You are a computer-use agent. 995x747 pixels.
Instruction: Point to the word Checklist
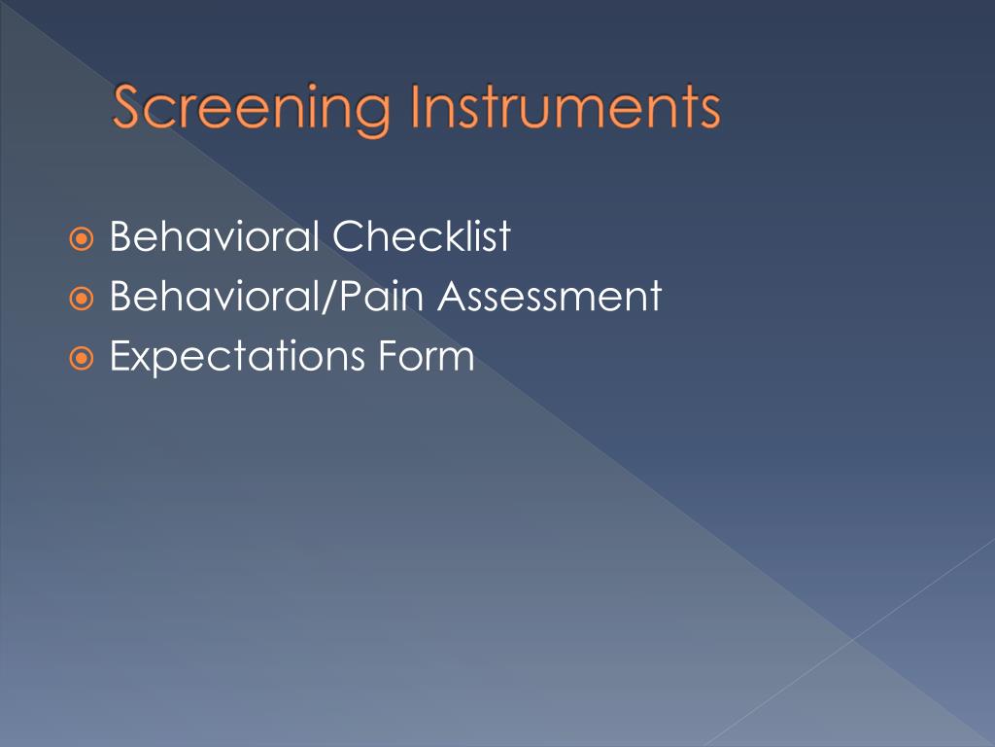click(422, 237)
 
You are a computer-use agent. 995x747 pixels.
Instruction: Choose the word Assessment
click(549, 297)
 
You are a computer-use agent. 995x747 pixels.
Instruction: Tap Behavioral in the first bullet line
click(215, 237)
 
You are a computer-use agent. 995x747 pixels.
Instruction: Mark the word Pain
click(381, 297)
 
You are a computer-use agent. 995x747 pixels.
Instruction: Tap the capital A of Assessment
click(452, 297)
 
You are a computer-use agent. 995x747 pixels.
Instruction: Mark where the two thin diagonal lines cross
click(853, 639)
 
